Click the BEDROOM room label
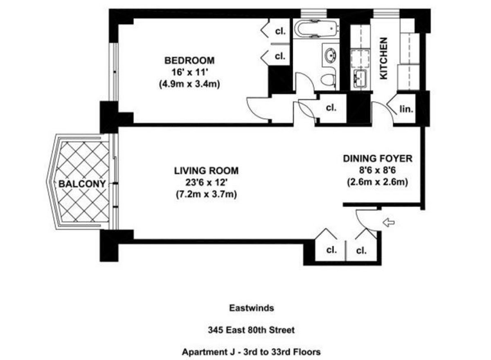click(189, 61)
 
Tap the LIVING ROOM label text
click(206, 170)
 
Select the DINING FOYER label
click(378, 158)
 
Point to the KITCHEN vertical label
click(383, 58)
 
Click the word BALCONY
click(82, 184)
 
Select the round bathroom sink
click(330, 55)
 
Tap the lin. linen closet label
click(406, 109)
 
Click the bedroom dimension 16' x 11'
click(189, 72)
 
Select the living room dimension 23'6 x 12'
click(206, 182)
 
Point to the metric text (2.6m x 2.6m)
click(378, 182)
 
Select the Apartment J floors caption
click(251, 351)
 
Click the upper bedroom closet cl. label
click(280, 32)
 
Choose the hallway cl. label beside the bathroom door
click(331, 108)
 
